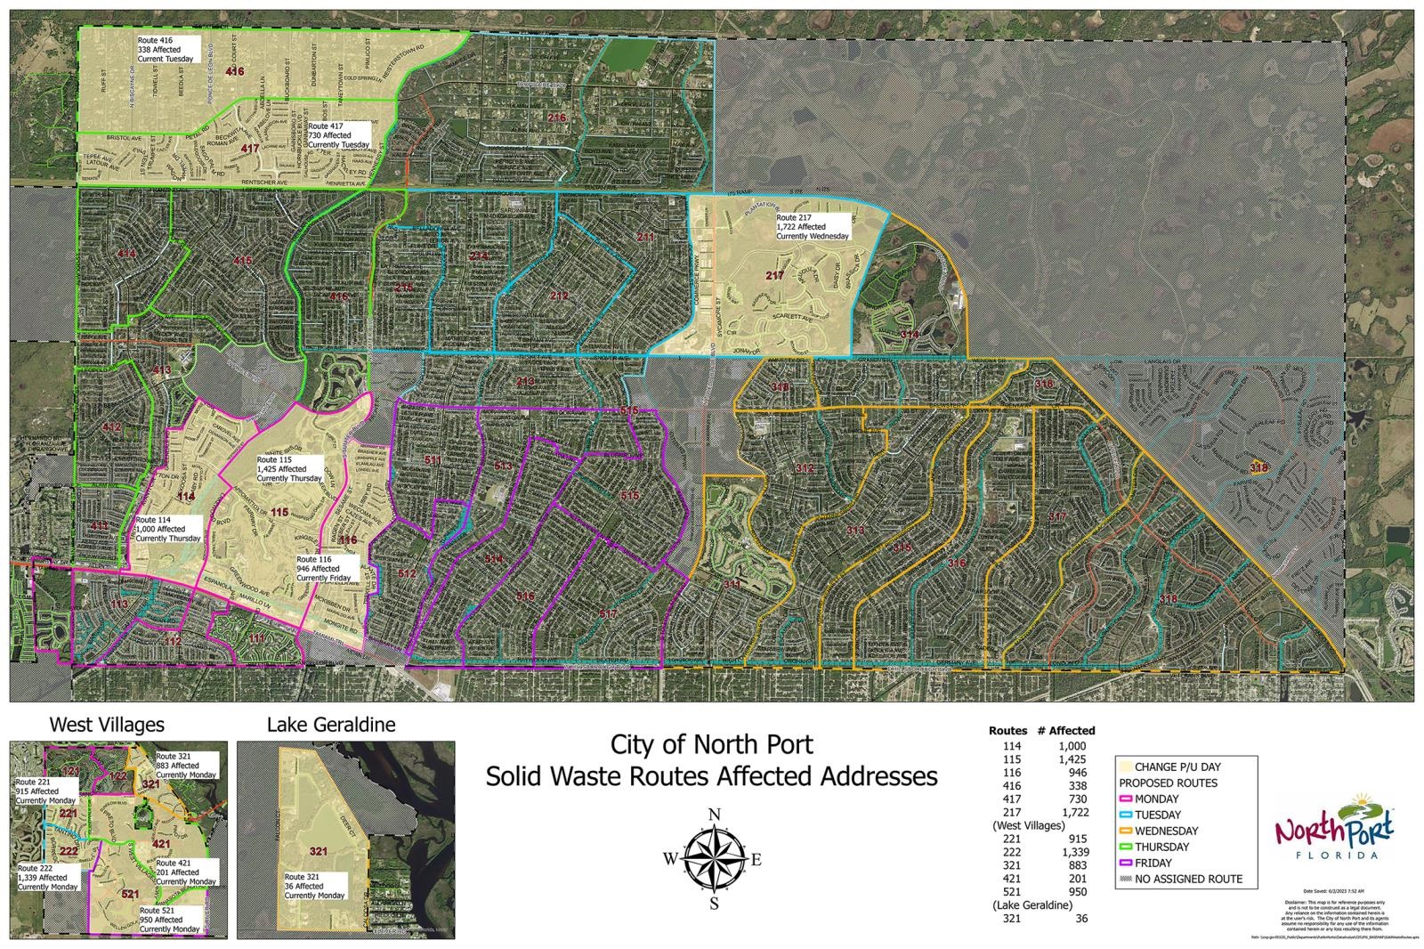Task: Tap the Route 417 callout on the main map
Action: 337,135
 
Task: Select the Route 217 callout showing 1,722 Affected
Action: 812,227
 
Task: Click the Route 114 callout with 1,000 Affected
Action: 168,529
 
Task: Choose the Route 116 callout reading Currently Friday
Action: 326,569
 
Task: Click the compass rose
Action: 714,859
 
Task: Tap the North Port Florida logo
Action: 1334,827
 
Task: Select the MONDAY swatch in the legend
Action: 1126,799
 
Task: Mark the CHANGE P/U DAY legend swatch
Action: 1126,766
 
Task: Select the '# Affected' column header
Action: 1065,730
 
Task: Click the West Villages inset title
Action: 107,725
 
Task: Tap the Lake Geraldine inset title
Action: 331,725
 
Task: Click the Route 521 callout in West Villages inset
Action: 169,920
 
